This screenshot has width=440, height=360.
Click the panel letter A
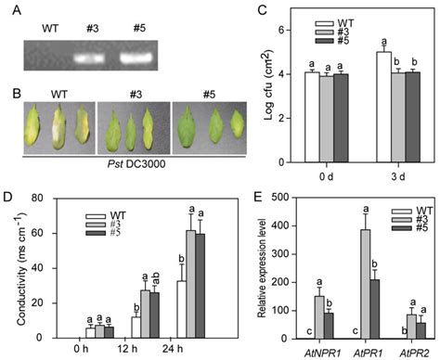(x=11, y=11)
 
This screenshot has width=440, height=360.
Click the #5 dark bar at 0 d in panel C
(x=317, y=102)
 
